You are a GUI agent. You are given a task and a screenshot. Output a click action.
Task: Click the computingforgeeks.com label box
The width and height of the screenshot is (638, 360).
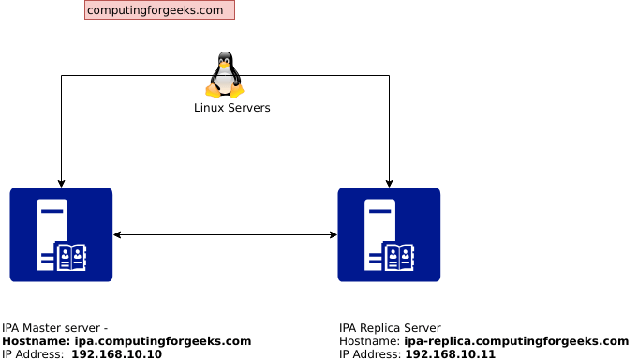coord(159,10)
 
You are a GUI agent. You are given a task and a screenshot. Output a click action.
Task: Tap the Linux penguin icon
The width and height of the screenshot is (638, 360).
coord(225,75)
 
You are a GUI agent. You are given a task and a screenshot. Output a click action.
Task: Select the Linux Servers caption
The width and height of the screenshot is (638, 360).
coord(231,108)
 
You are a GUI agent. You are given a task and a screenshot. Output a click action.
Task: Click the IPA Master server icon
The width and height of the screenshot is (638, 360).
coord(61,234)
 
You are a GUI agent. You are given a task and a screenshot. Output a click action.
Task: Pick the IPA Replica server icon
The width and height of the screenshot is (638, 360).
coord(389,234)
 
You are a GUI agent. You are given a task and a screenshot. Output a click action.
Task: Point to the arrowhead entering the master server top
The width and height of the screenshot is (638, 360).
coord(61,184)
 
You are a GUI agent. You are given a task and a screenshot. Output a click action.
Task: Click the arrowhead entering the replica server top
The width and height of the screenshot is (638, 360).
coord(389,184)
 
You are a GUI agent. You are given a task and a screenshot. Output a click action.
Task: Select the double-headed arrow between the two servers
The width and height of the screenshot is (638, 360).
coord(225,234)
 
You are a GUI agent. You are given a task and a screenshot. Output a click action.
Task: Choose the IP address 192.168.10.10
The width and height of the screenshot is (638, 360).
coord(116,354)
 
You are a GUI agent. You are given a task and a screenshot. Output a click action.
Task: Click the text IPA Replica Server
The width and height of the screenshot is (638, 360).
coord(390,328)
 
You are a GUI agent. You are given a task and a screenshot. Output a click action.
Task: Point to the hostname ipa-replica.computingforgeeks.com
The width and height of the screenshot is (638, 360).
coord(515,341)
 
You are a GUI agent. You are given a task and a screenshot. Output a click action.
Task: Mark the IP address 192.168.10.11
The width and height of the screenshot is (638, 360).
coord(450,354)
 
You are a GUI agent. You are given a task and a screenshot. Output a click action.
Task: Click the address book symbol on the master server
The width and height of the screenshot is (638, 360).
coord(71,256)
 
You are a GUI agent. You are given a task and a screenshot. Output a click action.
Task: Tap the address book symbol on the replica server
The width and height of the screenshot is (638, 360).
coord(399,256)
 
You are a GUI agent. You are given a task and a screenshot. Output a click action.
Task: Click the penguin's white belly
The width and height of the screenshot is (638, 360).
coord(224,81)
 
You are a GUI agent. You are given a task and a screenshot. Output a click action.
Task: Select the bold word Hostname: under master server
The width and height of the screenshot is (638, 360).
coord(36,341)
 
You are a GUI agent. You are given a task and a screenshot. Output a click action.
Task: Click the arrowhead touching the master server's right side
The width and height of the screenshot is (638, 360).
coord(117,234)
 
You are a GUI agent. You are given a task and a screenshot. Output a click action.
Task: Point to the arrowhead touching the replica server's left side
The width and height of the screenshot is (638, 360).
coord(333,234)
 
